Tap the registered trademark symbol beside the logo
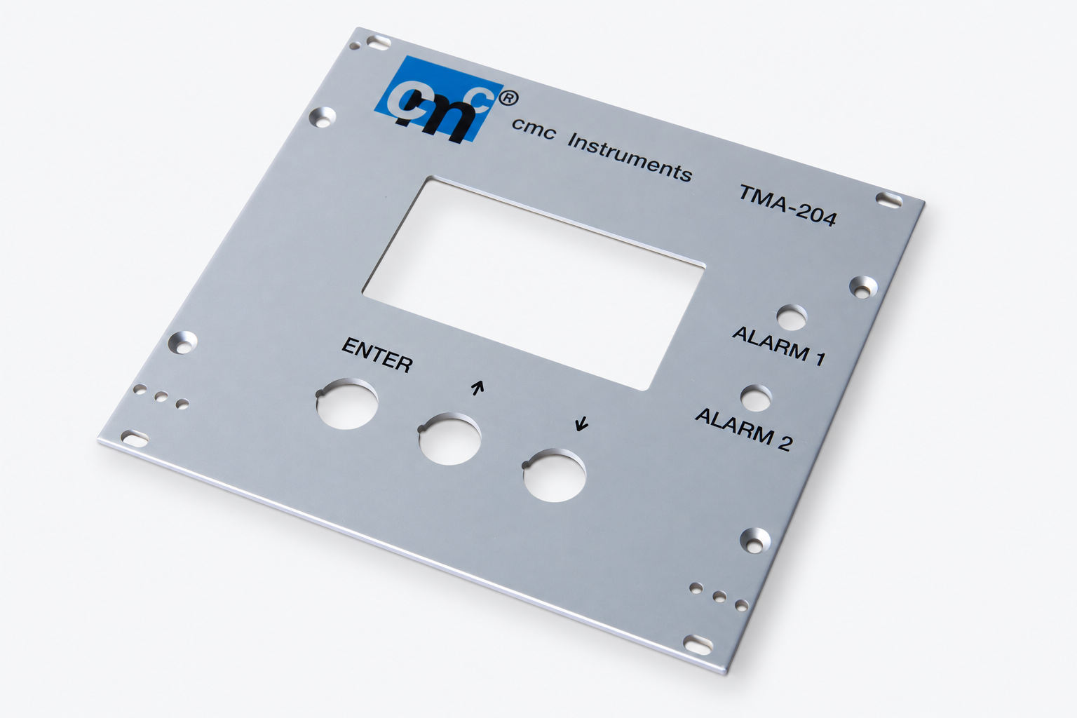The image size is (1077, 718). tap(509, 99)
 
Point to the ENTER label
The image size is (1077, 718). tap(377, 355)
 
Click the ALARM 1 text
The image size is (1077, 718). tap(779, 346)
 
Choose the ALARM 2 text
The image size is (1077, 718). tap(743, 429)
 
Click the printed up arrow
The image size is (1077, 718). tap(477, 388)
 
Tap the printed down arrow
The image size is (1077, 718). tap(582, 424)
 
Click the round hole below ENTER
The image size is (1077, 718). tap(346, 403)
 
